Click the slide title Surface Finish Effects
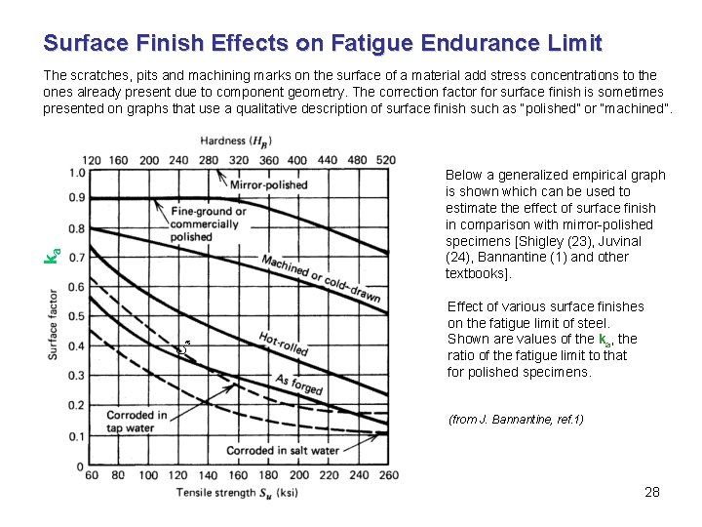(x=323, y=44)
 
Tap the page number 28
(x=652, y=492)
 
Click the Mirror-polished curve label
(x=268, y=184)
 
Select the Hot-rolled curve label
(x=284, y=344)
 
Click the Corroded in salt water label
(x=282, y=451)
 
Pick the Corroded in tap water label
(x=136, y=422)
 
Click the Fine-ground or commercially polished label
(x=204, y=223)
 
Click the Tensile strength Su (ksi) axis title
(x=237, y=493)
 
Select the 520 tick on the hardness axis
(x=386, y=159)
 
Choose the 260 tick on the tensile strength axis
(x=386, y=475)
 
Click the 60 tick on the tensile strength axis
(x=92, y=475)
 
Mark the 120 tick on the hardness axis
(x=92, y=159)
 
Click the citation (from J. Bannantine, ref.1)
(x=516, y=420)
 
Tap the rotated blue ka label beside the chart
(x=56, y=256)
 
